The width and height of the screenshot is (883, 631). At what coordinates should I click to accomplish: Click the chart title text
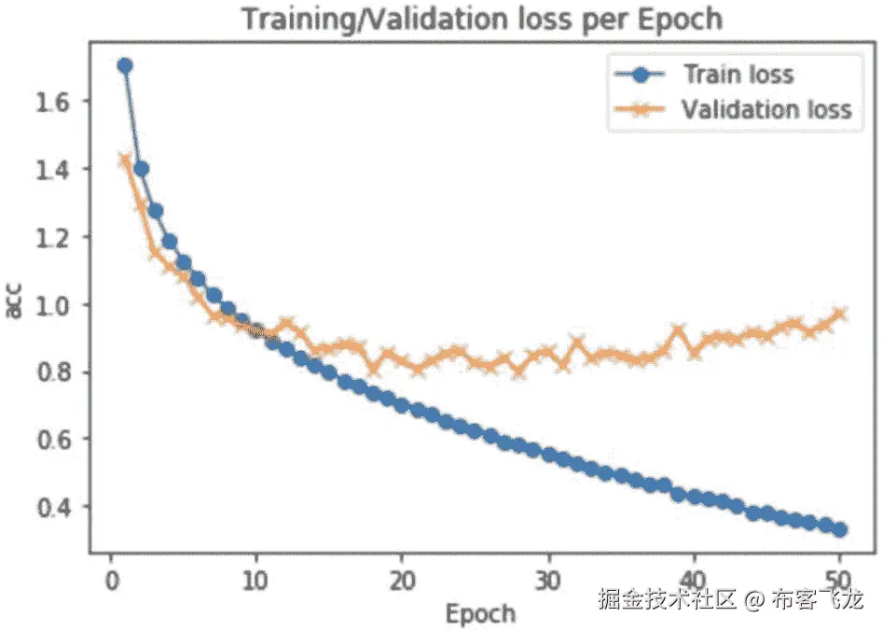(482, 20)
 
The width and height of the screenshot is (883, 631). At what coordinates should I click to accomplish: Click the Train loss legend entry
(738, 74)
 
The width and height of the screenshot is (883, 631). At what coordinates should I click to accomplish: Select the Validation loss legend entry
(766, 109)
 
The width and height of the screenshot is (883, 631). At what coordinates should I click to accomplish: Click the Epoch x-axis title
(480, 613)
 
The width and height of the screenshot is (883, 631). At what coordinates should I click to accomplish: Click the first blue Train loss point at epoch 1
(125, 65)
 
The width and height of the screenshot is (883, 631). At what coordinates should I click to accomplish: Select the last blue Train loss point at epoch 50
(839, 529)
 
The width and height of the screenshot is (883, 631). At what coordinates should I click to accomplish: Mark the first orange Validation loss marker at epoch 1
(125, 161)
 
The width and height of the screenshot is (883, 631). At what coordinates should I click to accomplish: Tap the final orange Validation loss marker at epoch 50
(839, 315)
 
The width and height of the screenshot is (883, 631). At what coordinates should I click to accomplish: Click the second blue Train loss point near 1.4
(141, 169)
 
